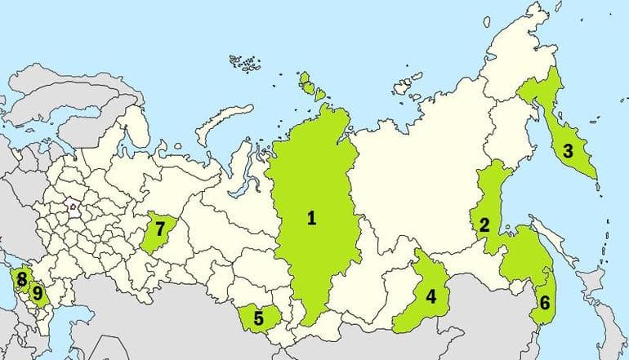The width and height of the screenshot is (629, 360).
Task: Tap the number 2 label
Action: pos(484,224)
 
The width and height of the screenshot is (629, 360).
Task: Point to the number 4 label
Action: pos(430,296)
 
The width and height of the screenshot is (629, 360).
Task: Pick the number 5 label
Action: pos(258,318)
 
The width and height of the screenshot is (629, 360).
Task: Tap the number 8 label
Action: pos(21,278)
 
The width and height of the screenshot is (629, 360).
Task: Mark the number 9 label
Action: pos(36,291)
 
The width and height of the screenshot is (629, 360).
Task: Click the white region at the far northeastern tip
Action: pos(523,49)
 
